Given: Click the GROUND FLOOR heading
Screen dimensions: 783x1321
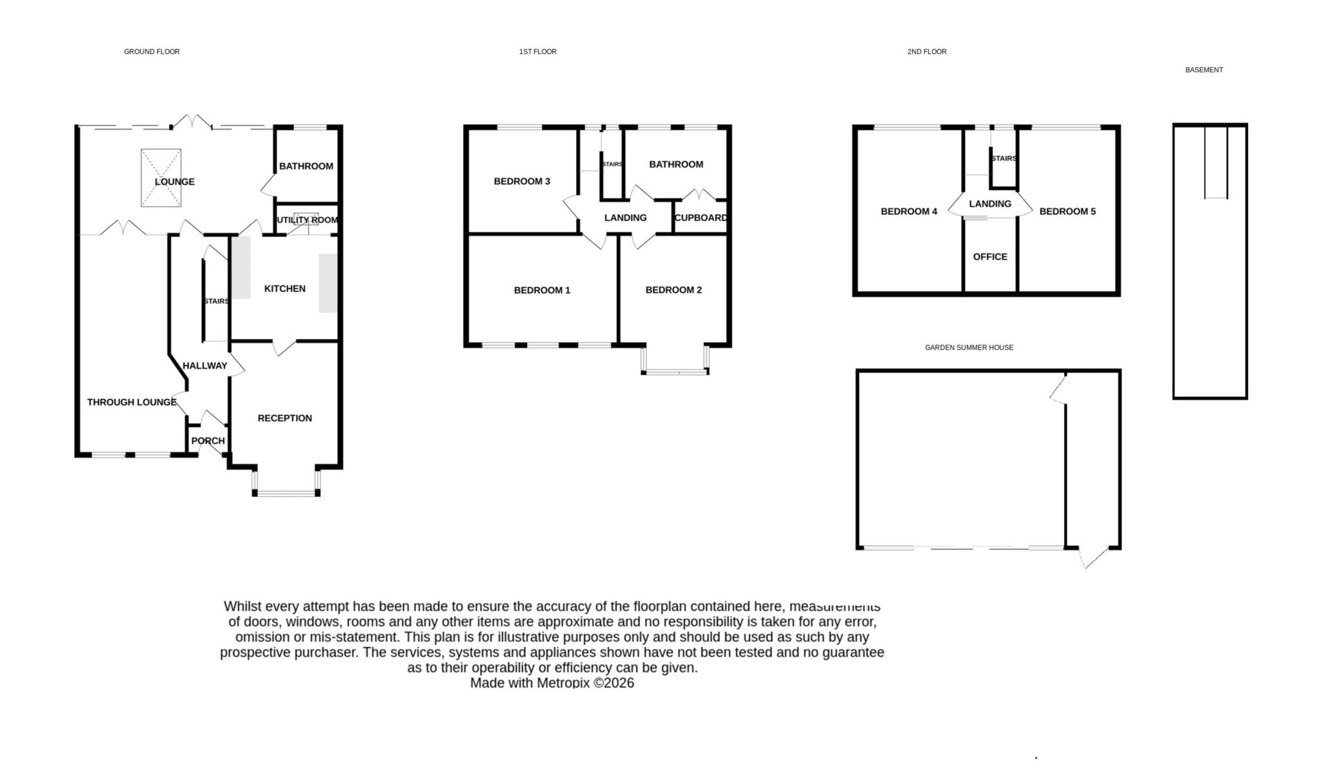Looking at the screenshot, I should coord(152,52).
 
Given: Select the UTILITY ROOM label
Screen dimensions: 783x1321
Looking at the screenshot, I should coord(307,220).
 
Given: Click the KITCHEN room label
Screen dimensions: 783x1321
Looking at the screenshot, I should coord(284,289).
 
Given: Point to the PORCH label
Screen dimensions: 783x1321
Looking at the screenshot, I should coord(208,441).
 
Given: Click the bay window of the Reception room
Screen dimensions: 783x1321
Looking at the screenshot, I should coord(286,493).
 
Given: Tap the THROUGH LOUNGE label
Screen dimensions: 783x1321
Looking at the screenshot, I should coord(132,402).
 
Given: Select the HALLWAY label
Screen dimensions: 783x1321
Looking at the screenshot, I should coord(204,365).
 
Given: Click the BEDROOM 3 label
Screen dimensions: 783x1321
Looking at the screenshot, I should coord(522,181).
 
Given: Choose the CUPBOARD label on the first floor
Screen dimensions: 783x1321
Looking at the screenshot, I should coord(700,218).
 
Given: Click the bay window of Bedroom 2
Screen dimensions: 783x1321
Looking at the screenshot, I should coord(675,371).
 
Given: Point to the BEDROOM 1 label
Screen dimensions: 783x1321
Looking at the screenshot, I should coord(542,290).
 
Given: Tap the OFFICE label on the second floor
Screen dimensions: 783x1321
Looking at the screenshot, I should coord(989,256).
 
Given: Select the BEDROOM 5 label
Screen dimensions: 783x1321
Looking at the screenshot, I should coord(1067,211).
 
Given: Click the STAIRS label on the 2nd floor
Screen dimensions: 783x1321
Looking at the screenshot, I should coord(1004,159).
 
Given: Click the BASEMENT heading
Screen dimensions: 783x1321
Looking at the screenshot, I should coord(1204,70).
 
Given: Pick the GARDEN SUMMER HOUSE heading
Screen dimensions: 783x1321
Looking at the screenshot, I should coord(969,347).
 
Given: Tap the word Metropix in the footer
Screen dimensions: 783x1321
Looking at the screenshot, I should coord(563,683).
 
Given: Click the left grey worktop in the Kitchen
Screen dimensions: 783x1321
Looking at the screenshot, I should coord(241,267).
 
